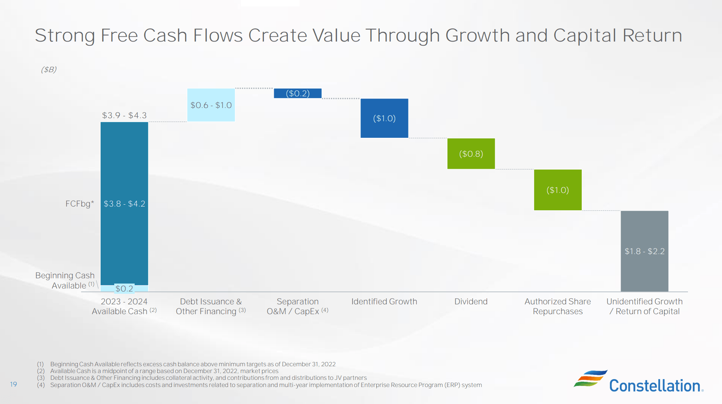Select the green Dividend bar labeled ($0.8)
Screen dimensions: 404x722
[x=471, y=154]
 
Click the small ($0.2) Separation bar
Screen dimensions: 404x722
[x=298, y=93]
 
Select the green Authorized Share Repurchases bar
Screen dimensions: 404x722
[x=557, y=190]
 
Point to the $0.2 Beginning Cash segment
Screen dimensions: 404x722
[x=124, y=288]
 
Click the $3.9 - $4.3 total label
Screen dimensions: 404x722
[x=124, y=115]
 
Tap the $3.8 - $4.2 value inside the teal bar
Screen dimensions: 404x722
[x=124, y=204]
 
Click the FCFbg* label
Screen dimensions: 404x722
[x=79, y=204]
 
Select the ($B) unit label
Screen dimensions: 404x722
[x=49, y=69]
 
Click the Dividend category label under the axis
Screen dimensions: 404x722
[x=471, y=301]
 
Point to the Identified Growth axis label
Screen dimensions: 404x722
[x=384, y=301]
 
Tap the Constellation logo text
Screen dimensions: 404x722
[x=655, y=386]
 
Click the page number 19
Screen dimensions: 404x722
[x=14, y=384]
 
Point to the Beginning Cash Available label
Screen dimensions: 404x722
[x=65, y=280]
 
